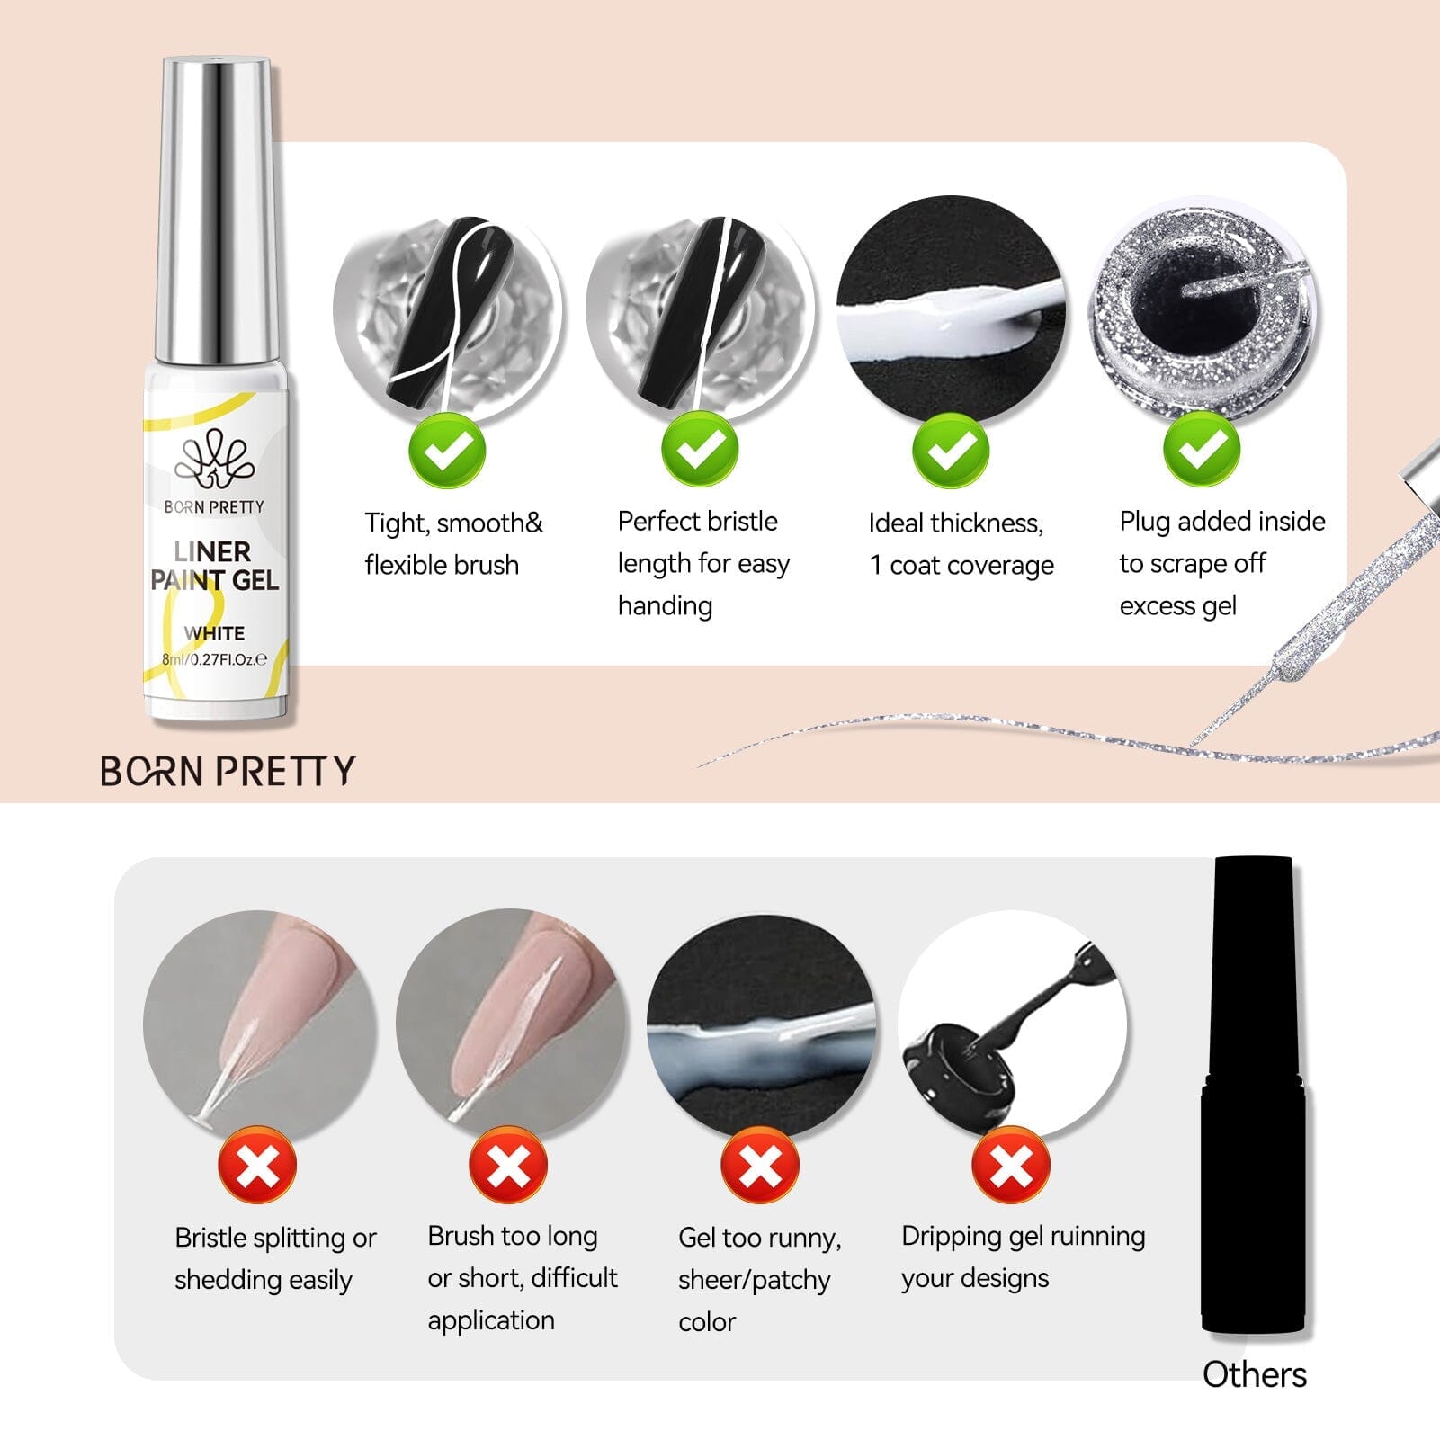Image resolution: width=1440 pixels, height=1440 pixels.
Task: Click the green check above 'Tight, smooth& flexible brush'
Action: (447, 450)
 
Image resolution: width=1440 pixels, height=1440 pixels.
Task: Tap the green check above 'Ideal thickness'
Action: (950, 450)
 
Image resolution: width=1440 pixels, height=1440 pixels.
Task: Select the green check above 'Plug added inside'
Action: (1202, 450)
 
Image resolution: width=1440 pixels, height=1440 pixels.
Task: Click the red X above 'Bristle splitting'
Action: (257, 1166)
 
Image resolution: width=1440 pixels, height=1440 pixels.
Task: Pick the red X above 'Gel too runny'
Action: (760, 1166)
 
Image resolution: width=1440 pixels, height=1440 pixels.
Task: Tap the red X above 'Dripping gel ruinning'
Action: (1011, 1166)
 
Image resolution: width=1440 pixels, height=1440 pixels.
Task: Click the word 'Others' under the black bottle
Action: (1254, 1374)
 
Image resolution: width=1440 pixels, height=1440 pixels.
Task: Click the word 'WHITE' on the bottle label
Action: (214, 633)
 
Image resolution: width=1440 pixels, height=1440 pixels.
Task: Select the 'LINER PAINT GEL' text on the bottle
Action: (214, 566)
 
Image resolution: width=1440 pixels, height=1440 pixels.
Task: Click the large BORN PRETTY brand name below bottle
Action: (228, 771)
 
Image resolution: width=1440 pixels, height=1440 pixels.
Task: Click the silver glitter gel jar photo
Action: (1203, 310)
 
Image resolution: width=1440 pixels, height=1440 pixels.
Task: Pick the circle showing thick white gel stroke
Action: (950, 310)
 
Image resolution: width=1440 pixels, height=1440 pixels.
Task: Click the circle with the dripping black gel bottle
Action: (1012, 1025)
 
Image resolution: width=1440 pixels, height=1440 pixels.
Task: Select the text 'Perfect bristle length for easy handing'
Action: (702, 563)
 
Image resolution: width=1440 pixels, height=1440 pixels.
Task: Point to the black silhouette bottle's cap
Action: (1254, 971)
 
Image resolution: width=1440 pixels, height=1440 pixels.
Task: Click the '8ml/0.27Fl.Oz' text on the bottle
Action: (214, 659)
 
